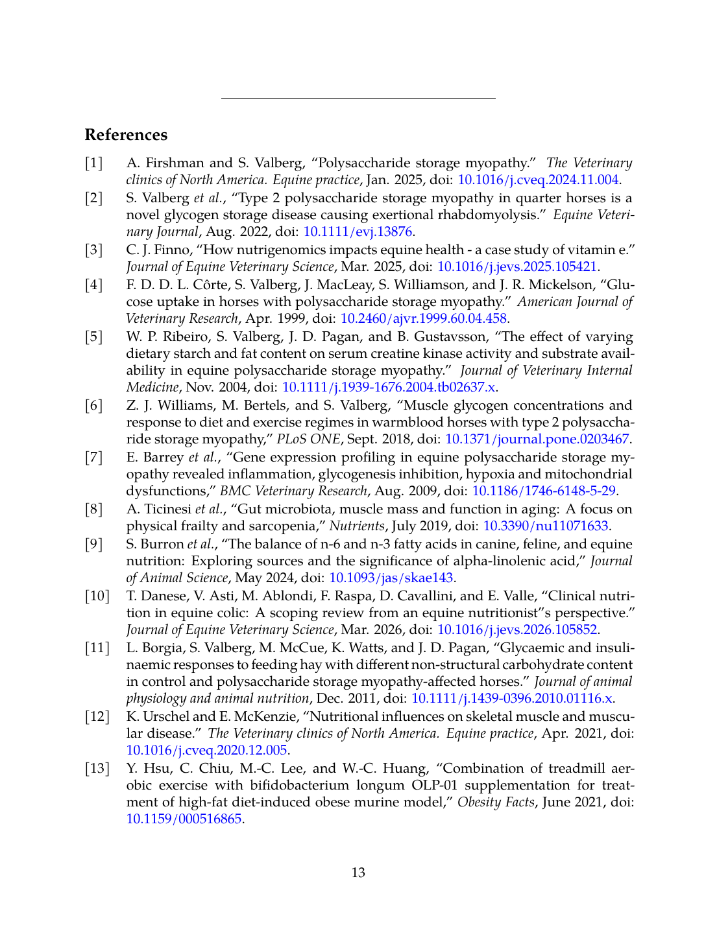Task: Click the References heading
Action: coord(126,135)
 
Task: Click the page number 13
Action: coord(358,873)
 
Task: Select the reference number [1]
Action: coord(94,163)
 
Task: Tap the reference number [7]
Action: coord(94,458)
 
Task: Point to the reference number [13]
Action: coord(97,769)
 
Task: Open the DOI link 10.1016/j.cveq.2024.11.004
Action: coord(538,180)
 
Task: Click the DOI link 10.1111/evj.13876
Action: coord(358,232)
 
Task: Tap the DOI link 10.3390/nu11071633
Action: coord(546,526)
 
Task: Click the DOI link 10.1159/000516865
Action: coord(184,819)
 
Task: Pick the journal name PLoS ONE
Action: coord(308,440)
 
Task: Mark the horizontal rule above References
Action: coord(358,98)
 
